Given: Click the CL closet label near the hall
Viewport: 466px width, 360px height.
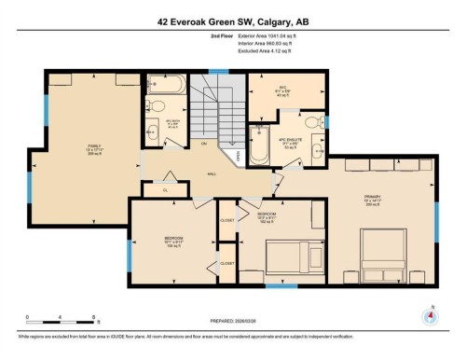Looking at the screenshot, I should coord(164,190).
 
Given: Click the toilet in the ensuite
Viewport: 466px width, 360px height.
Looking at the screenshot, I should coord(312,121).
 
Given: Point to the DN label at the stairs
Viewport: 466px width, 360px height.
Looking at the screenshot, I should coord(204,144).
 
